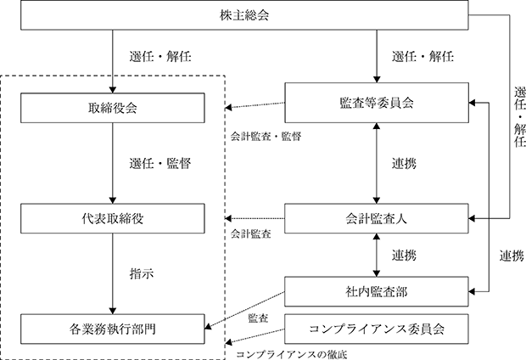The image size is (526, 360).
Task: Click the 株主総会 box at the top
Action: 244,15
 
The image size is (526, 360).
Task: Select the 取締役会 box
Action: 113,108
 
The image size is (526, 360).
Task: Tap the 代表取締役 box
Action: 113,218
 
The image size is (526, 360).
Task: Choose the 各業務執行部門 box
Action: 113,329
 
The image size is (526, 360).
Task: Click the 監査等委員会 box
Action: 377,103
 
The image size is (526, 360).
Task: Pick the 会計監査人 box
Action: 377,218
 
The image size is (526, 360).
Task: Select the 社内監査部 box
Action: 377,291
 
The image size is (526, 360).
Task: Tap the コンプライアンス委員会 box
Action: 377,329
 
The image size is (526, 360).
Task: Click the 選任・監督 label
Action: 160,164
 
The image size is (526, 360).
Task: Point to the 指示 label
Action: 142,273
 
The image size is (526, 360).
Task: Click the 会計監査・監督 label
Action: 266,136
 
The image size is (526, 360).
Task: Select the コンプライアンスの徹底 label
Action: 292,355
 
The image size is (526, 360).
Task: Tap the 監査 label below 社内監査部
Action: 258,318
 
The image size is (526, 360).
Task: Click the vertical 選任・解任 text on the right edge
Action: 519,117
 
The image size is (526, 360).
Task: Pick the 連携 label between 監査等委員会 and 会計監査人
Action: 404,164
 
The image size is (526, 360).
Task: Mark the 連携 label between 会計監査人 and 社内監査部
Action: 404,256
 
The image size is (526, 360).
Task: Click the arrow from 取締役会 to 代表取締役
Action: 113,163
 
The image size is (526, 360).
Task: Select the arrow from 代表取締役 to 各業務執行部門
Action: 113,273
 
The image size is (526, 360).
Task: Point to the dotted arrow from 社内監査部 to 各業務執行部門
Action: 244,310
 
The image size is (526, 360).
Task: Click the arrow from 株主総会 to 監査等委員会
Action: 377,56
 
